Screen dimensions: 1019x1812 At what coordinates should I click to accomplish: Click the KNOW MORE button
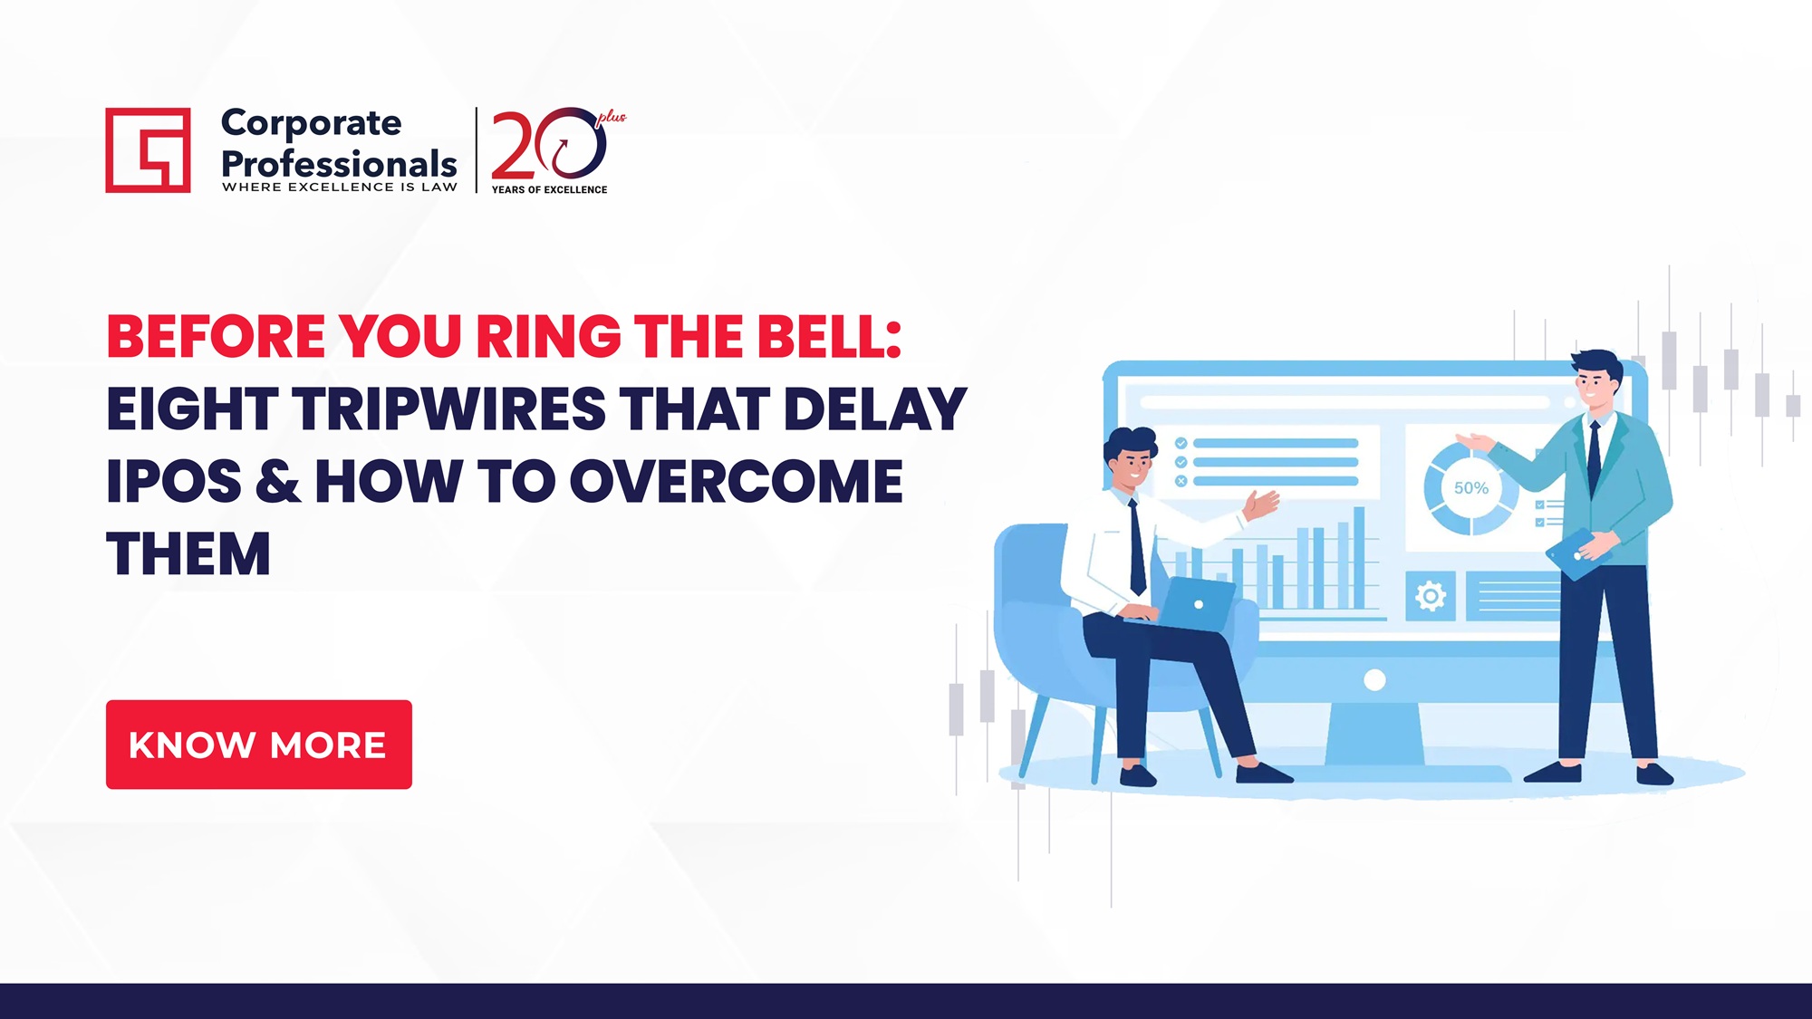pos(258,745)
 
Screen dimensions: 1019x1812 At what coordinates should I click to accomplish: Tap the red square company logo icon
pos(148,150)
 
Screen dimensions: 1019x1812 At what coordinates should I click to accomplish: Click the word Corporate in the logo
pos(311,123)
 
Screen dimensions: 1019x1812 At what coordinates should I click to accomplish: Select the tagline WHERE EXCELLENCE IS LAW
pos(340,187)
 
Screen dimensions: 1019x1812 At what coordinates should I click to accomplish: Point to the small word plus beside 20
pos(612,117)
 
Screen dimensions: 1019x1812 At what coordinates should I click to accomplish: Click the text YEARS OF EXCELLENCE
pos(549,189)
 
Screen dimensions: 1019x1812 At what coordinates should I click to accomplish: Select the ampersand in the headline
pos(277,482)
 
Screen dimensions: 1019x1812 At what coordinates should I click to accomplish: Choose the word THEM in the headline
pos(188,554)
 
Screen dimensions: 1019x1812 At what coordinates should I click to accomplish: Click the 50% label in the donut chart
pos(1470,488)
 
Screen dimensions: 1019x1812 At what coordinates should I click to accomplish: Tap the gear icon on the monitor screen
pos(1430,596)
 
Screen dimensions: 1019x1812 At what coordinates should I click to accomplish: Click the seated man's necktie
pos(1137,548)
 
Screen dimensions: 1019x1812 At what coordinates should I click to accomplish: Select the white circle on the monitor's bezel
pos(1374,680)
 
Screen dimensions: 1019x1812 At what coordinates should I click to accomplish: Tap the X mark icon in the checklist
pos(1181,481)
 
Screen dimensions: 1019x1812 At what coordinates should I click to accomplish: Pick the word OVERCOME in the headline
pos(736,482)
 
